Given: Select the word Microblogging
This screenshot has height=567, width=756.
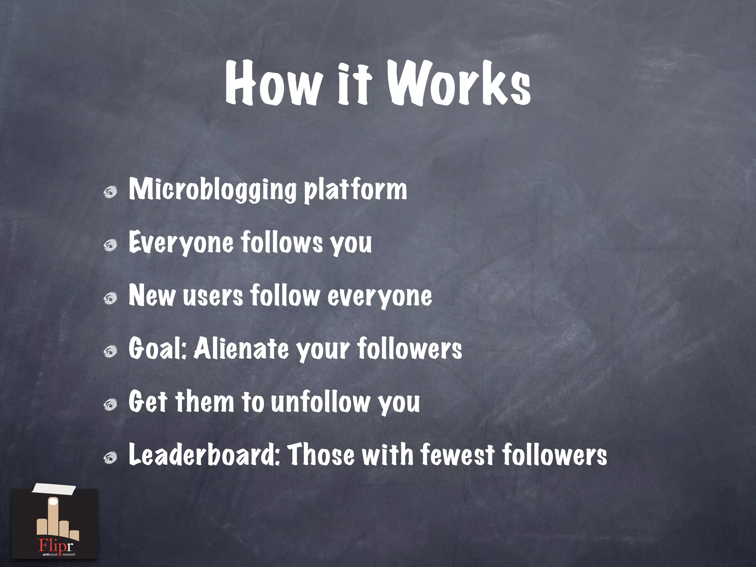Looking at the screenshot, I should [213, 190].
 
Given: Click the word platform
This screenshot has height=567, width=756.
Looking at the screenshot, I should [355, 190].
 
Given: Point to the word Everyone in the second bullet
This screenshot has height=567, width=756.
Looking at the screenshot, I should [181, 243].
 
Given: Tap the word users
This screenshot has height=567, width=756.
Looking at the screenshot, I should [213, 296].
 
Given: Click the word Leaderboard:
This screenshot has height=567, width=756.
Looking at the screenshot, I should [205, 455].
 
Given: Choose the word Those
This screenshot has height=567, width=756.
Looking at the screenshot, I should [321, 455].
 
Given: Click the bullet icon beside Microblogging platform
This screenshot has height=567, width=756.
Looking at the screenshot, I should [110, 192].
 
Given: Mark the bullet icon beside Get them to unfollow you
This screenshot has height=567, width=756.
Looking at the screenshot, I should [110, 405].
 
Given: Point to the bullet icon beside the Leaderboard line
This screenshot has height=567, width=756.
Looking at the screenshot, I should [110, 458].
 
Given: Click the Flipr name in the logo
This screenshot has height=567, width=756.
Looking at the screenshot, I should [56, 545].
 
